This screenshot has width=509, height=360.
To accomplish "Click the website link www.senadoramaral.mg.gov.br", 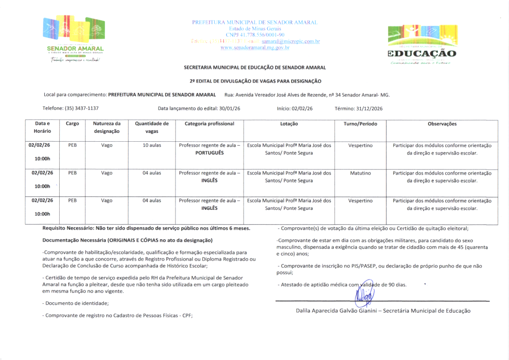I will click(x=254, y=48).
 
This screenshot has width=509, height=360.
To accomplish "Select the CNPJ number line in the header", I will click(x=254, y=35).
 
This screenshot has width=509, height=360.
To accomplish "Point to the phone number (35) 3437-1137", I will click(x=79, y=108).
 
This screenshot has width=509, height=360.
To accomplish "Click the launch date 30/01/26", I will click(x=230, y=108).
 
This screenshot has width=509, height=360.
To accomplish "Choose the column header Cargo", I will click(x=73, y=124).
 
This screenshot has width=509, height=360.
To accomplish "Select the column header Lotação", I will click(x=289, y=124).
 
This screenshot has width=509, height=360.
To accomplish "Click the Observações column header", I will click(x=442, y=124).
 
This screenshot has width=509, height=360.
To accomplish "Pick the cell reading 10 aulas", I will click(x=152, y=146).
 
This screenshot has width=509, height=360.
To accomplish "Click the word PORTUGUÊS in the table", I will click(x=209, y=153).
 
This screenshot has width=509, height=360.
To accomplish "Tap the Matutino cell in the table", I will click(x=360, y=174).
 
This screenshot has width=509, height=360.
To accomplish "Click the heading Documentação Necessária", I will click(x=128, y=240).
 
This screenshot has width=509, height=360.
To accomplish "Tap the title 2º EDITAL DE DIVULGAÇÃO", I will click(x=255, y=81).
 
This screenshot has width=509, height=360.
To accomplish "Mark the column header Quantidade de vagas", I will click(x=152, y=127).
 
